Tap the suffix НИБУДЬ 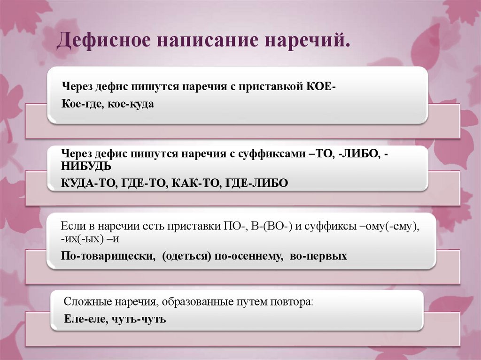point(86,166)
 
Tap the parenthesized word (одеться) point(186,256)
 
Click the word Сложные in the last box point(85,301)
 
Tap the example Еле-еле point(81,319)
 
